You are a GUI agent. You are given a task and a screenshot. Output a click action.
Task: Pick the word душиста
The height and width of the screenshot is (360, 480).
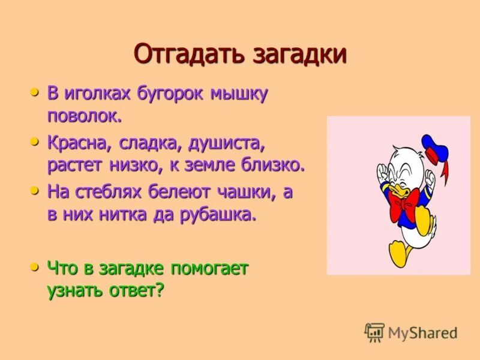(x=226, y=144)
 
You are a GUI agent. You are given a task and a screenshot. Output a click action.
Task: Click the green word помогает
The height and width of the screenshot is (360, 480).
(x=210, y=269)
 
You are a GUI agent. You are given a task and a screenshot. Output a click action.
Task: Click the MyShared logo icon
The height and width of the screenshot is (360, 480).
(x=374, y=332)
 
